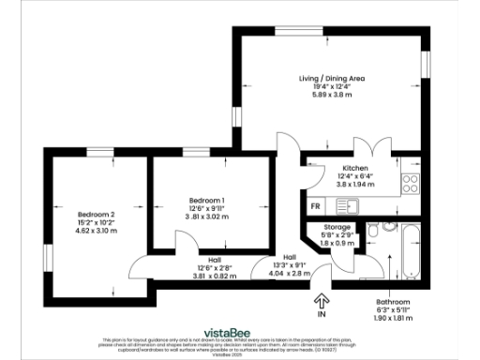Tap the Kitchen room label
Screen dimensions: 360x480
click(342, 169)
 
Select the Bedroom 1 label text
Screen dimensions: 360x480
click(206, 201)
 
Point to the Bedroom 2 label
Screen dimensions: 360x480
click(96, 214)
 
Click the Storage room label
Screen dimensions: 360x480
click(337, 228)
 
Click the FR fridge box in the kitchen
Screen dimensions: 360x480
click(316, 205)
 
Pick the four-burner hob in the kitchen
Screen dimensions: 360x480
click(410, 184)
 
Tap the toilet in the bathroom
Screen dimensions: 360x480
click(373, 230)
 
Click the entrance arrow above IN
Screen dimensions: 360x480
click(322, 299)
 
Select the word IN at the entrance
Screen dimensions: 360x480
click(322, 312)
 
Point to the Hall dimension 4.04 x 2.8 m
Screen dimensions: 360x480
click(290, 274)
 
